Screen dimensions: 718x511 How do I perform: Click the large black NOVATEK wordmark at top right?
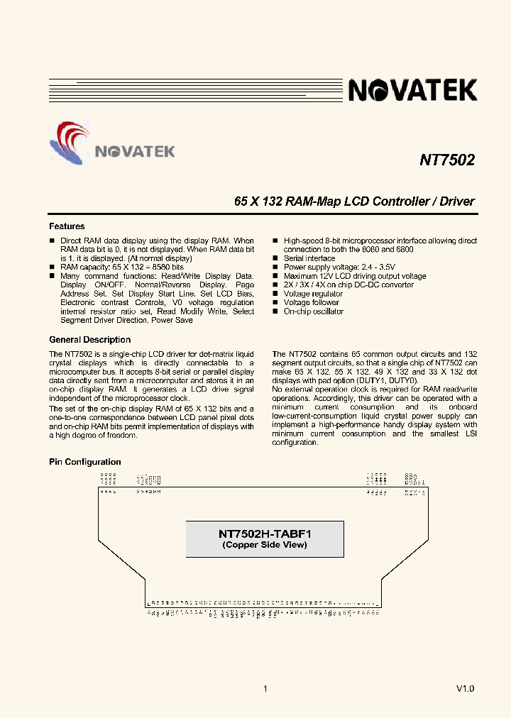tap(412, 90)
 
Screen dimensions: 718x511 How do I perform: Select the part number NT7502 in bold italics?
tap(446, 160)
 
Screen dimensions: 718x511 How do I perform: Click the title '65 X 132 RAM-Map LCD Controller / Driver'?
tap(354, 201)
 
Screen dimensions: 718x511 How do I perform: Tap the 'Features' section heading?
tap(67, 226)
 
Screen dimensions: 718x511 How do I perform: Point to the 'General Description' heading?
tap(89, 340)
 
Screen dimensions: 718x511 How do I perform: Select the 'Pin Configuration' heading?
tap(84, 462)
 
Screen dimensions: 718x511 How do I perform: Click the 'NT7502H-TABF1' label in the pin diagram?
tap(265, 534)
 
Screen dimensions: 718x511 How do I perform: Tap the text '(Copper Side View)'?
tap(265, 545)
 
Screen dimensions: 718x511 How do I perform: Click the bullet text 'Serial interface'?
tap(309, 258)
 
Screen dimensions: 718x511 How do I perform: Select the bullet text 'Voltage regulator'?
tap(313, 294)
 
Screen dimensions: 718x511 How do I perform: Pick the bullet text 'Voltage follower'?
tap(312, 302)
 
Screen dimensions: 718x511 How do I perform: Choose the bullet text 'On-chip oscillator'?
tap(313, 311)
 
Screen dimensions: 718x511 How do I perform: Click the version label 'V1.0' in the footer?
tap(465, 689)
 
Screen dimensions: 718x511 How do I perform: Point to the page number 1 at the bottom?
tap(265, 689)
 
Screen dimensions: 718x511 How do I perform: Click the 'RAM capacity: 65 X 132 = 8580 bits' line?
tap(121, 267)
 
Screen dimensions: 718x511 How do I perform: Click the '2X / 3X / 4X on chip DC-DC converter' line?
tap(348, 285)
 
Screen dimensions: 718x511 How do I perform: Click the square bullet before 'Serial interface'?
tap(275, 259)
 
